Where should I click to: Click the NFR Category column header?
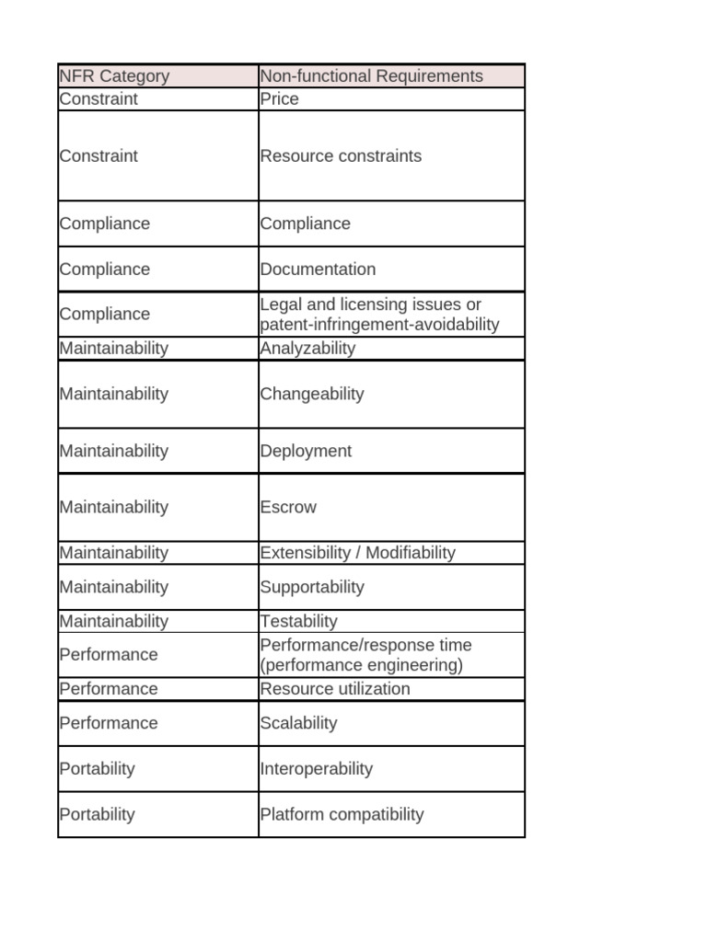click(x=114, y=76)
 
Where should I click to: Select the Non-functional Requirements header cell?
click(x=371, y=76)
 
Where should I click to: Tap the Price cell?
click(x=280, y=99)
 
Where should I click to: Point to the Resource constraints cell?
click(x=341, y=156)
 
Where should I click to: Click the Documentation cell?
click(x=318, y=270)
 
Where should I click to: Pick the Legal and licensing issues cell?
click(x=379, y=315)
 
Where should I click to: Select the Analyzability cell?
click(x=307, y=349)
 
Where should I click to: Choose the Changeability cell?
click(x=312, y=394)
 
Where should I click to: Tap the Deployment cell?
click(x=306, y=451)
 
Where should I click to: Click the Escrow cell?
click(x=288, y=507)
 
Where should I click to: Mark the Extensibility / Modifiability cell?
click(x=357, y=553)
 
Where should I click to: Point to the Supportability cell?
click(x=312, y=587)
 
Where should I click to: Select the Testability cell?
click(x=299, y=622)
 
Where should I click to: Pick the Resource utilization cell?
click(x=335, y=689)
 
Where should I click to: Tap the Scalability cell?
click(x=299, y=723)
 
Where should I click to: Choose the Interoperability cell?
click(x=316, y=769)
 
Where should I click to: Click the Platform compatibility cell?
click(x=342, y=814)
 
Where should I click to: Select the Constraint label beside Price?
click(x=99, y=99)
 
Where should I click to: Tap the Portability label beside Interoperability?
click(x=97, y=769)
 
